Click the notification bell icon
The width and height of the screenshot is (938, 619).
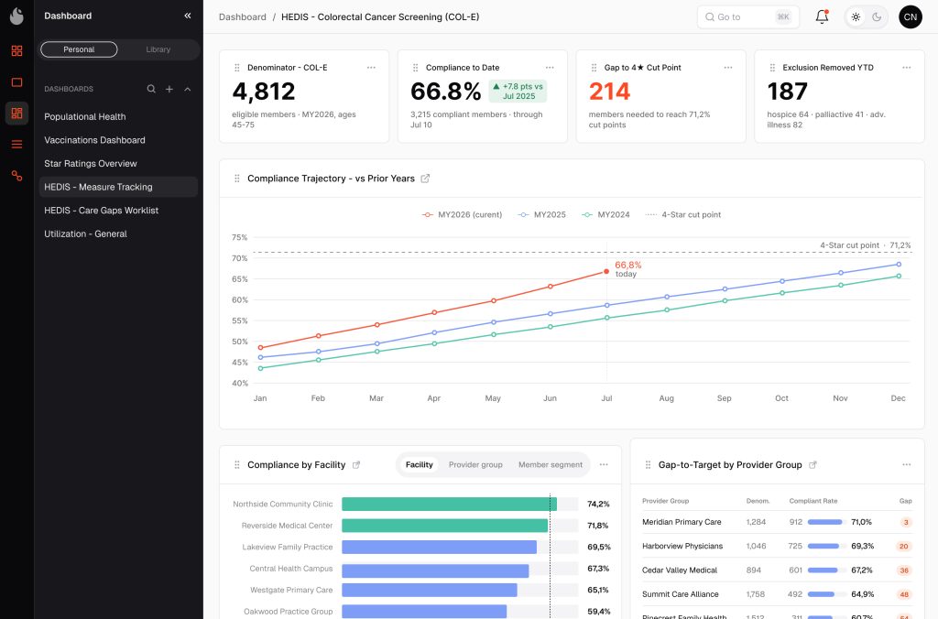tap(822, 16)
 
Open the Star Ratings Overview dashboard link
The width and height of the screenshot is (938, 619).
tap(91, 163)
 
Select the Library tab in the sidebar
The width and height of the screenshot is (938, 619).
tap(158, 49)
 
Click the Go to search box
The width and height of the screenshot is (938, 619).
tap(747, 16)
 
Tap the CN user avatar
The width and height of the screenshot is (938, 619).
tap(910, 16)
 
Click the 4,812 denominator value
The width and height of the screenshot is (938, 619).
tap(263, 92)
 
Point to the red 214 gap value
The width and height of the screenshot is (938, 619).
tap(609, 92)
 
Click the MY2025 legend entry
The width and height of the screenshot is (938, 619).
tap(542, 214)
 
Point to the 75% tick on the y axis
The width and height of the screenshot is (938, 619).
tap(239, 237)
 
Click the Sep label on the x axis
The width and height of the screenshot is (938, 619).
tap(724, 398)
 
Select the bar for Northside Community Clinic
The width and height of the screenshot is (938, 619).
tap(449, 505)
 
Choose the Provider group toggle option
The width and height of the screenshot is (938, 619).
tap(475, 464)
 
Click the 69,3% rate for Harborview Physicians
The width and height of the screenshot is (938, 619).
tap(862, 546)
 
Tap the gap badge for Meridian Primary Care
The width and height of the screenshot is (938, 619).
tap(906, 522)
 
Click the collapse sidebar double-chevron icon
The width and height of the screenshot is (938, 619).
tap(188, 16)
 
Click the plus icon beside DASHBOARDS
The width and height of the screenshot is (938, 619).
tap(169, 89)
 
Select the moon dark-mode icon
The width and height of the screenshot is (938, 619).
tap(877, 16)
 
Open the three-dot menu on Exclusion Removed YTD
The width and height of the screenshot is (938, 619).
tap(906, 68)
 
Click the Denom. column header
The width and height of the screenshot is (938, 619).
tap(758, 501)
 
